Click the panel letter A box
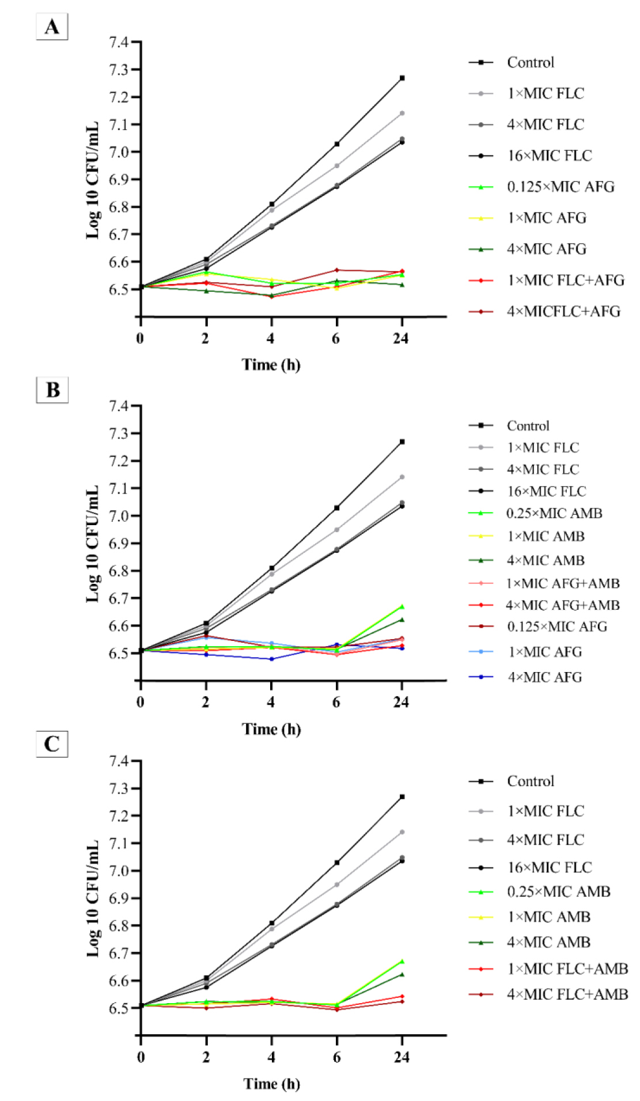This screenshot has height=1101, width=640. [x=52, y=26]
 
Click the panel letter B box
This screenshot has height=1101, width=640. [x=52, y=390]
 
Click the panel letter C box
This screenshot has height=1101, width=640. [x=52, y=744]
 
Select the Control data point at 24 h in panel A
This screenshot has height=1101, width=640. [x=402, y=78]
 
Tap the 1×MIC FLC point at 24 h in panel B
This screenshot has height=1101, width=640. [x=402, y=477]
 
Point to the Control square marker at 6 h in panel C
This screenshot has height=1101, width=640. [x=337, y=863]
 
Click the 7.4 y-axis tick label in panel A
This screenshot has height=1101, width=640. [x=118, y=42]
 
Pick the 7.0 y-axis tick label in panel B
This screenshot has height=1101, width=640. [x=118, y=516]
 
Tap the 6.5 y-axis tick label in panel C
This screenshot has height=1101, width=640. [x=118, y=1008]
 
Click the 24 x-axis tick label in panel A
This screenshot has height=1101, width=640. [x=401, y=338]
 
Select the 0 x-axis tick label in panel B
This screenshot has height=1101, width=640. [x=141, y=702]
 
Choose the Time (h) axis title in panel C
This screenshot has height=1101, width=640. [x=272, y=1084]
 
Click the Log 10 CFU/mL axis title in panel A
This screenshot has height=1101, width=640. [x=92, y=180]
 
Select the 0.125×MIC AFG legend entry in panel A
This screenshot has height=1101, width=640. [x=542, y=187]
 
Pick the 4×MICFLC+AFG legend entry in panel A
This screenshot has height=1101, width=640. [x=545, y=312]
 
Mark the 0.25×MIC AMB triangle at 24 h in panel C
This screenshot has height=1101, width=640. [x=402, y=961]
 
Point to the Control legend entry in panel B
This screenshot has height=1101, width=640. [x=509, y=426]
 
